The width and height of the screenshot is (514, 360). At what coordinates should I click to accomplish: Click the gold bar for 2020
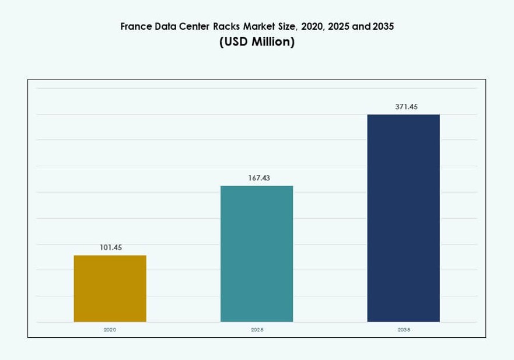[x=110, y=288]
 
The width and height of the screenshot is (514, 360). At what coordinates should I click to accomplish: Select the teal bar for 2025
[x=257, y=254]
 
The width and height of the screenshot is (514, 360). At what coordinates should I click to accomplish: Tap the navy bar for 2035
[x=403, y=218]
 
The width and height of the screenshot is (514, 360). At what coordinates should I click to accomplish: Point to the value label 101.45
[x=110, y=247]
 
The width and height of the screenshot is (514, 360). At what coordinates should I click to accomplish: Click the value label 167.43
[x=257, y=178]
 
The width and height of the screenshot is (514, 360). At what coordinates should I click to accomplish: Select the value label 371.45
[x=403, y=107]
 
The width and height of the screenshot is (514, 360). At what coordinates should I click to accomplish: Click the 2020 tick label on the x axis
[x=110, y=330]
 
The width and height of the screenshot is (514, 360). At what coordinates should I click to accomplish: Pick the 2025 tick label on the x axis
[x=257, y=330]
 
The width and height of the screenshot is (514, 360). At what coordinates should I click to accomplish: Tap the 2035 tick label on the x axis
[x=403, y=330]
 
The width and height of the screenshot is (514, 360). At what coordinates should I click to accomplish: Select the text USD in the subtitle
[x=236, y=43]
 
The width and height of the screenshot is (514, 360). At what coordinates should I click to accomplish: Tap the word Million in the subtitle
[x=274, y=43]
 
